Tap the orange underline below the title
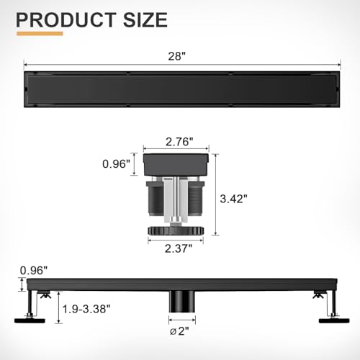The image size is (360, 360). point(44,32)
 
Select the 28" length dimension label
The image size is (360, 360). point(179,55)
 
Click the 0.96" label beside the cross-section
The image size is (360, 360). point(117,165)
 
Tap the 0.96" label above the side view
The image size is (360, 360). point(34,271)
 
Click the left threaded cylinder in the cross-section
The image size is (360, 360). point(153,197)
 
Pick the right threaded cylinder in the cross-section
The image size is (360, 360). point(197,197)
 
